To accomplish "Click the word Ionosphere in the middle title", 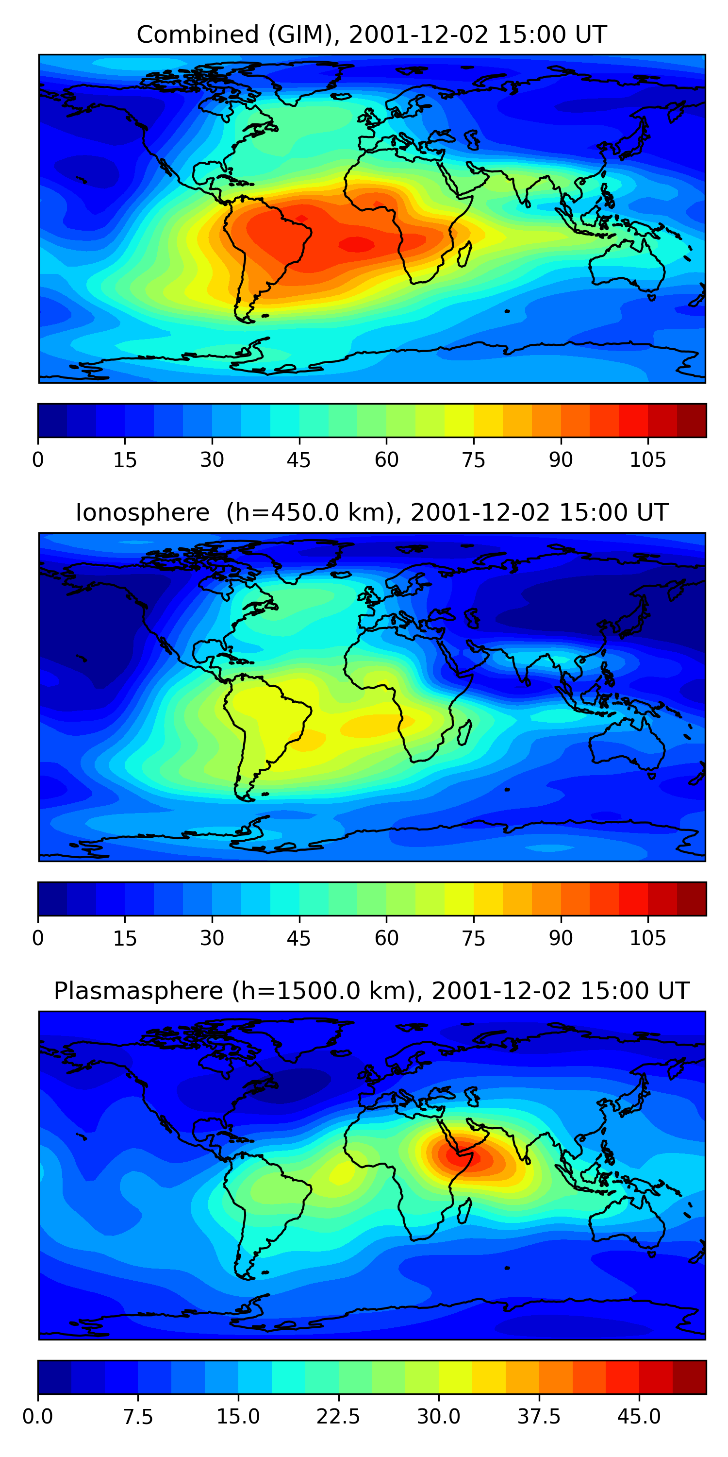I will coord(142,512).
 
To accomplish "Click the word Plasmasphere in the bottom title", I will coord(138,990).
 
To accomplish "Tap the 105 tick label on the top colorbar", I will coord(648,460).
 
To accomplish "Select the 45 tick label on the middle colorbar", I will coord(298,938).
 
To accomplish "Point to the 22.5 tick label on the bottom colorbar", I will coord(338,1416).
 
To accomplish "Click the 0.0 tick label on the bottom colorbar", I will coord(38,1416).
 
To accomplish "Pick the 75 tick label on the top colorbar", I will coord(473,460).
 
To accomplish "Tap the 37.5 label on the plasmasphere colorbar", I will coord(539,1416).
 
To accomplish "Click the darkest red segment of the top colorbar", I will coord(691,420).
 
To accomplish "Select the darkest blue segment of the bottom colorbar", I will coord(54,1377).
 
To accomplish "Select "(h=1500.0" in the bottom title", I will coord(281,990).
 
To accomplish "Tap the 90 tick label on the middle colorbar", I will coord(561,938).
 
